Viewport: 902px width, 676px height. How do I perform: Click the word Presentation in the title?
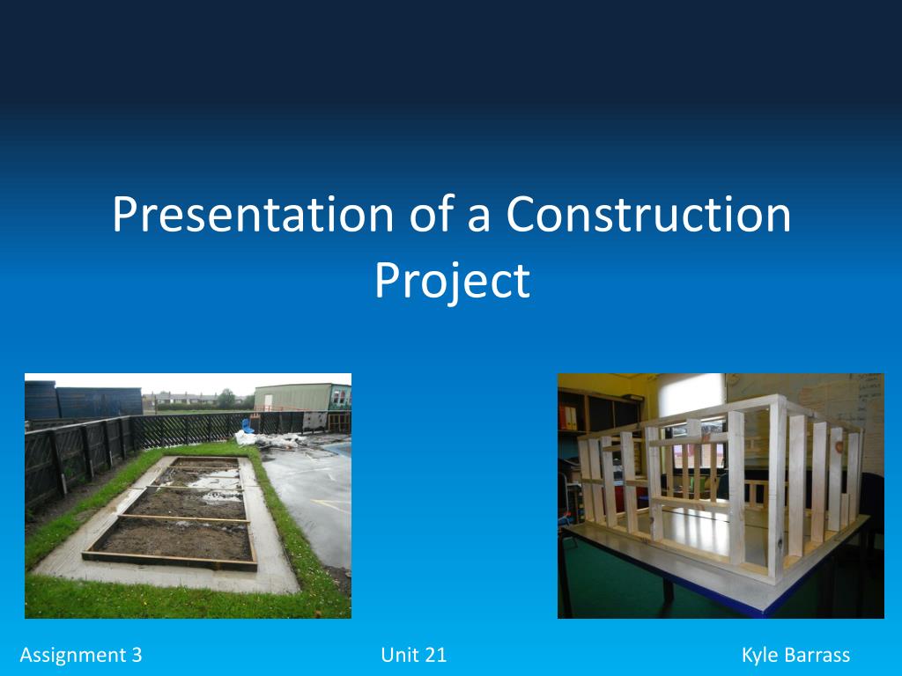pyautogui.click(x=253, y=214)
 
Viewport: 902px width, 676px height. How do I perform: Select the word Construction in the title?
pyautogui.click(x=648, y=214)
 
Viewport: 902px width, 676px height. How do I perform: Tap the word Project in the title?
pyautogui.click(x=452, y=282)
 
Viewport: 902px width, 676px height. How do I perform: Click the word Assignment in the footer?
pyautogui.click(x=73, y=655)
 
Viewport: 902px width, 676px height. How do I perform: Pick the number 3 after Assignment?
pyautogui.click(x=137, y=655)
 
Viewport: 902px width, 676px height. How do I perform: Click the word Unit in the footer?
pyautogui.click(x=397, y=655)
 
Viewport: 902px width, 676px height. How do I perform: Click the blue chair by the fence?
pyautogui.click(x=248, y=426)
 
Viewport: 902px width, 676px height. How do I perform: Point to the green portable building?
pyautogui.click(x=302, y=398)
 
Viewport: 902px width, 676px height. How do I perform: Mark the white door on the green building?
pyautogui.click(x=268, y=402)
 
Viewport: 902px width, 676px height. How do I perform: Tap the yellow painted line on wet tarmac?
pyautogui.click(x=331, y=506)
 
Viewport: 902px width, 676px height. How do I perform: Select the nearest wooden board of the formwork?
pyautogui.click(x=170, y=561)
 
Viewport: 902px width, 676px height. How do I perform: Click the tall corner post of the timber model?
pyautogui.click(x=777, y=489)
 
